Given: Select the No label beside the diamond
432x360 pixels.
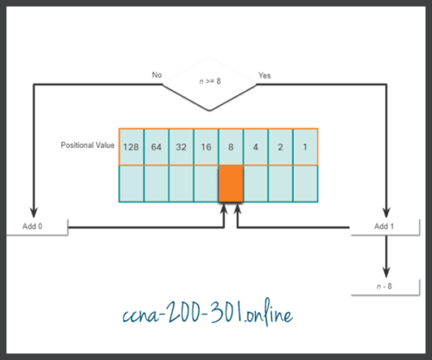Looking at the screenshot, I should point(157,76).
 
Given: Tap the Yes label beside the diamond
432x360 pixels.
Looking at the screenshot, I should point(264,76).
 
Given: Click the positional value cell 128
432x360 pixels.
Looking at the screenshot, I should point(131,147).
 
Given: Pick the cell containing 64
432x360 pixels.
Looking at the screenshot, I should point(156,147).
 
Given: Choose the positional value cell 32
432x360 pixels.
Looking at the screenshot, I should point(181,147).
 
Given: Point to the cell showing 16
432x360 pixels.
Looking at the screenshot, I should point(206,147).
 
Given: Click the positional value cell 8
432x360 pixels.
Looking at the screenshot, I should point(231,147).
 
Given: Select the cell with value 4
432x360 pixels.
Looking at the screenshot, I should point(256,147).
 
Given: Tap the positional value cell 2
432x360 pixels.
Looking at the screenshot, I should point(281,147).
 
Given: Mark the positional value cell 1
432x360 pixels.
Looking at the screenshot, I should point(306,147).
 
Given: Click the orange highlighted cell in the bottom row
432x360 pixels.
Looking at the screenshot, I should point(231,183).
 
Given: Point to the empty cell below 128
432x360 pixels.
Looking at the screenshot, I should point(131,183).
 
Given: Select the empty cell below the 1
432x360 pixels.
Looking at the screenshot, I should point(306,183).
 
